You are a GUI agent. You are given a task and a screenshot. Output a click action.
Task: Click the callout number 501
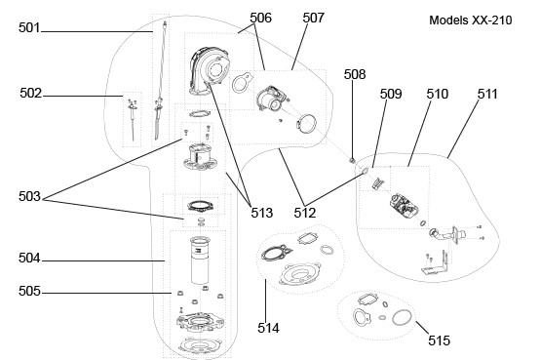pos(29,27)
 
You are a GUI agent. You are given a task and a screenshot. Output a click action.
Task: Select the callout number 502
pos(31,94)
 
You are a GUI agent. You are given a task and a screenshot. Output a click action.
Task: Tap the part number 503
pos(29,197)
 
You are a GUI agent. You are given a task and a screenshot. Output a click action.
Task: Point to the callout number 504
pos(29,259)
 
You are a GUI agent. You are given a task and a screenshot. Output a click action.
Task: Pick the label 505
pos(29,292)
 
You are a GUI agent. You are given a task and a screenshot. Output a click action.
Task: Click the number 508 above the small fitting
pos(355,74)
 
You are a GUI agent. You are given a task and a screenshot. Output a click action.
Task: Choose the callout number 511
pos(487,94)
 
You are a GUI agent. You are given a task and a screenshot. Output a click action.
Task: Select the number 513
pos(262,213)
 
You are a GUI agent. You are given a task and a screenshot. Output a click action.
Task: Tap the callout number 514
pos(268,328)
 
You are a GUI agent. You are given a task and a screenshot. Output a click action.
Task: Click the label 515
pos(440,340)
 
